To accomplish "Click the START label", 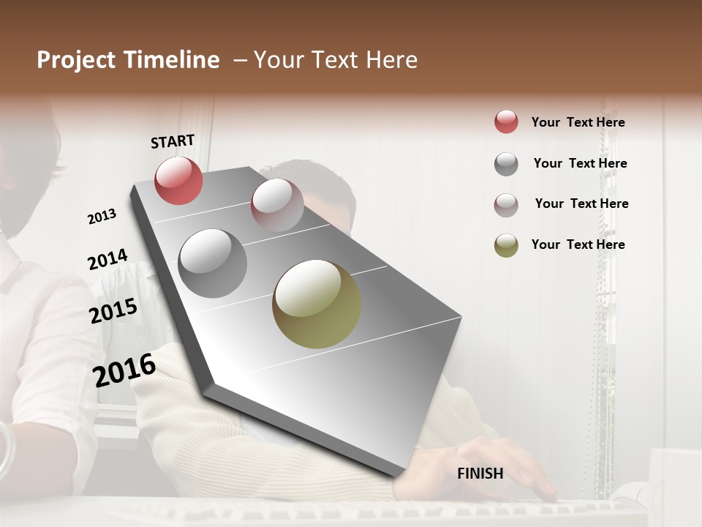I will click(173, 141).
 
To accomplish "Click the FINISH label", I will click(480, 474).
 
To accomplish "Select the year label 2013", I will click(102, 217).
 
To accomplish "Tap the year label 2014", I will click(107, 260).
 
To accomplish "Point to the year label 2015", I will click(113, 311).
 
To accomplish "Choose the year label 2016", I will click(124, 370).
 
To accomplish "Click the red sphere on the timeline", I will click(178, 180).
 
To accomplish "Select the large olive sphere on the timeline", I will click(317, 304).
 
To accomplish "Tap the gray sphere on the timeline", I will click(213, 263).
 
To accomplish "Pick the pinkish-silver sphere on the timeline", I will click(277, 205).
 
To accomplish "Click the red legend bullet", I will click(506, 122).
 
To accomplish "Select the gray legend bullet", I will click(506, 164).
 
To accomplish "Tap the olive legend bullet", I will click(506, 245).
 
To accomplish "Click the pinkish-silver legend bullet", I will click(506, 205).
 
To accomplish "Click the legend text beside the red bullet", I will click(578, 122).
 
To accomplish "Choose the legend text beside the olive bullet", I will click(578, 244).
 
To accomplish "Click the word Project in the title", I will click(76, 60).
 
